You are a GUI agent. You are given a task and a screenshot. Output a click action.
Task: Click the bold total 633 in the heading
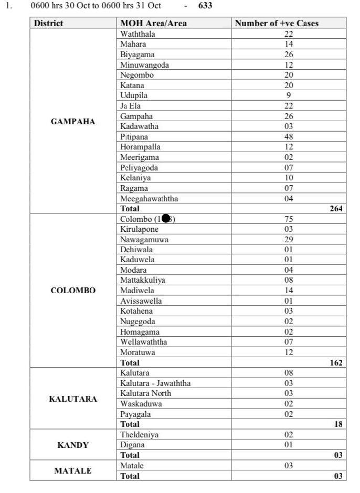205,6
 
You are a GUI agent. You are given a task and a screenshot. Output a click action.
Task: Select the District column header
48,23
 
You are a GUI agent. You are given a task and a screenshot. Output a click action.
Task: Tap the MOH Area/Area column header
153,23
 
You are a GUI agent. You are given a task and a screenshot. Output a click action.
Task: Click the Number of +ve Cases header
277,23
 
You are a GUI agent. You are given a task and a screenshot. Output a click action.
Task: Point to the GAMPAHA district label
73,121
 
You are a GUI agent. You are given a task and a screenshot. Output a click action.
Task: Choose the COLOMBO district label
73,290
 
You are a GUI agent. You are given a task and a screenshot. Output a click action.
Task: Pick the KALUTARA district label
73,399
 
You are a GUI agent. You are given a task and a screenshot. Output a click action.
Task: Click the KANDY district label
73,445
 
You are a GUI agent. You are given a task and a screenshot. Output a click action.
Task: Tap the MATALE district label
73,470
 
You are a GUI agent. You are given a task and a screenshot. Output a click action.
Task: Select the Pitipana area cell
134,136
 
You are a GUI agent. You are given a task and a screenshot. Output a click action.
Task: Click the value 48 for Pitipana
289,136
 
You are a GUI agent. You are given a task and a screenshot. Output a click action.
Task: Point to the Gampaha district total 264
336,208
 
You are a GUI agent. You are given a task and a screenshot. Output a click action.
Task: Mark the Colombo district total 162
336,362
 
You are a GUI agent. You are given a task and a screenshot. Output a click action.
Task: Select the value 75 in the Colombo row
289,219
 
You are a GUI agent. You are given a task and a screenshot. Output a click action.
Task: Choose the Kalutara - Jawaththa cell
155,383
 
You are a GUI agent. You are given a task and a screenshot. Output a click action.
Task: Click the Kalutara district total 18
338,424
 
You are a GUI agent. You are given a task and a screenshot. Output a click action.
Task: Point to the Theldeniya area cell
139,434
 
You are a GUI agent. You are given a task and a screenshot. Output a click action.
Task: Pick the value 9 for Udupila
289,95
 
